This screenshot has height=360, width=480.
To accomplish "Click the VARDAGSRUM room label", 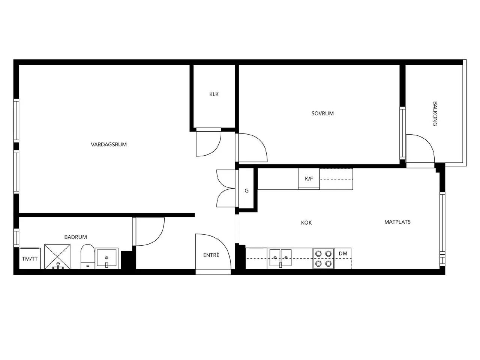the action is point(109,144).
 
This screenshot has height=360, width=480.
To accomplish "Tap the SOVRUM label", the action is point(322,114).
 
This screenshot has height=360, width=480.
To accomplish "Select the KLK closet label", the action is point(214,94).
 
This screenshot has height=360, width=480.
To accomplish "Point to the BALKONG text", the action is point(435,114).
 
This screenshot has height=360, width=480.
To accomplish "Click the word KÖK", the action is point(306,222).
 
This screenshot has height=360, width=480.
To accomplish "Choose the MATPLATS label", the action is point(397,222).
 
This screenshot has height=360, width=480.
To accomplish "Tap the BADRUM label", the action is point(75,237).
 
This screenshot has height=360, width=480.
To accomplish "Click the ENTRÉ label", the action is point(211,255).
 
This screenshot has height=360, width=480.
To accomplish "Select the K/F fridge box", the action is point(309,178).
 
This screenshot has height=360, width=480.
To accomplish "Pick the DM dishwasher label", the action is point(343,253).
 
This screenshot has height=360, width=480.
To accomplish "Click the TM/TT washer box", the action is point(30,258).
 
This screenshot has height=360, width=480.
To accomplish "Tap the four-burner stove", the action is point(323,259).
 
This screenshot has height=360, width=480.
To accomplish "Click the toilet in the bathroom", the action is point(88,256).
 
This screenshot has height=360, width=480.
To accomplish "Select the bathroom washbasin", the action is point(107,258).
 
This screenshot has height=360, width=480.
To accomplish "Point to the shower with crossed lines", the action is point(57,256).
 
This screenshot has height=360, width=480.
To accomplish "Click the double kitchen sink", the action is point(280,258).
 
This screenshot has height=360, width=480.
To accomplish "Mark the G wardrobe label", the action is point(246,190).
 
